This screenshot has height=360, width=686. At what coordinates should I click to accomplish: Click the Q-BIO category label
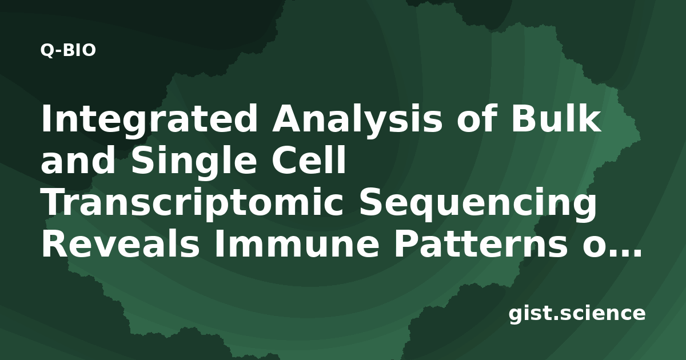tap(68, 50)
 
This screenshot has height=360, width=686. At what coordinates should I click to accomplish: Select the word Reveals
tap(121, 243)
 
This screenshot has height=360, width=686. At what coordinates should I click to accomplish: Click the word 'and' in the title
tap(78, 160)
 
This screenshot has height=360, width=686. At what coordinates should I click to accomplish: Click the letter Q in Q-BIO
tap(47, 50)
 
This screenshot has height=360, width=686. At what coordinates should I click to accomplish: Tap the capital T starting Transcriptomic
tap(53, 201)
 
